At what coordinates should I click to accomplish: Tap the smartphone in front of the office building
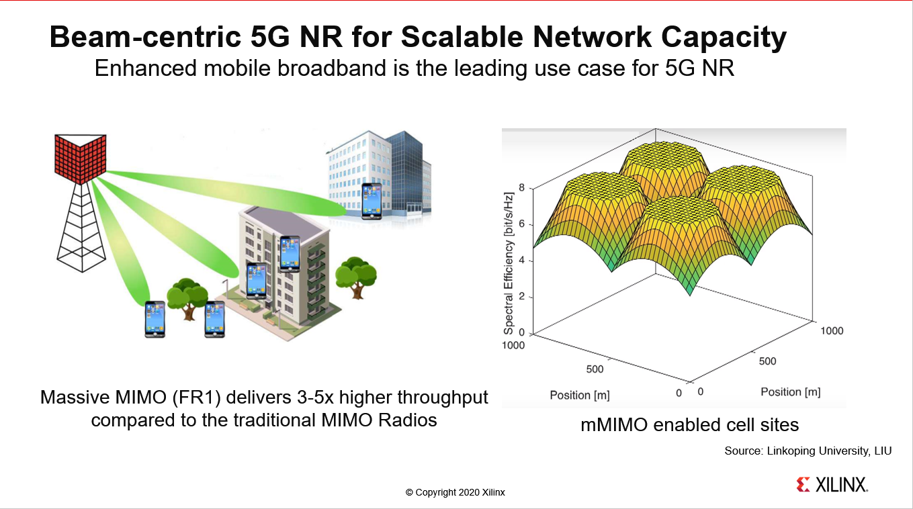[372, 201]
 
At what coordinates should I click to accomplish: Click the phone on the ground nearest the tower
[155, 319]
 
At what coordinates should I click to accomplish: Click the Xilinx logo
[832, 485]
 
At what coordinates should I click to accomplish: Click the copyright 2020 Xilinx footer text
[455, 492]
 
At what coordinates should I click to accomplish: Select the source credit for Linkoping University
[808, 451]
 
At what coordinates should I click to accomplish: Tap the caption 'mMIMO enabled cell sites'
[690, 424]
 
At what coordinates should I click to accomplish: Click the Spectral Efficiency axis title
[509, 263]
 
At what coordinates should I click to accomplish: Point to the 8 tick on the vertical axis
[522, 187]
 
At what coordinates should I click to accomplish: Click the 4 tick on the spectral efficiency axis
[522, 260]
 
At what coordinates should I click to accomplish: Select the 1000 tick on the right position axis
[832, 330]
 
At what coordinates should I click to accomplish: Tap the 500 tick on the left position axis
[595, 369]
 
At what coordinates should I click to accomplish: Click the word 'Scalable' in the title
[462, 37]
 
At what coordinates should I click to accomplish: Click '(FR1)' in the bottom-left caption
[196, 398]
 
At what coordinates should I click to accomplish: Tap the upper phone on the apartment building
[290, 254]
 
